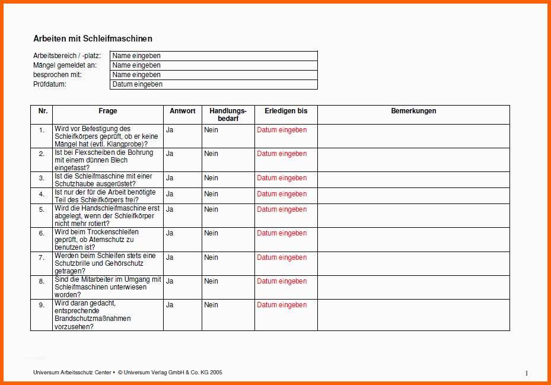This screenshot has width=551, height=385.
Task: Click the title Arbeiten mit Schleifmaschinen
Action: click(x=93, y=39)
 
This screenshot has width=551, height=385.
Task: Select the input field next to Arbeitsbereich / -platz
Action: click(x=214, y=56)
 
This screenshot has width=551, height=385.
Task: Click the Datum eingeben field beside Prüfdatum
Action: click(x=214, y=84)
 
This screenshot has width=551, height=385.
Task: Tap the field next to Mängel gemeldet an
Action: click(x=214, y=65)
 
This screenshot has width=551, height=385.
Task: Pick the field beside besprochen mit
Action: click(x=214, y=75)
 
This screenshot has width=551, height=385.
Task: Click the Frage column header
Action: click(x=108, y=111)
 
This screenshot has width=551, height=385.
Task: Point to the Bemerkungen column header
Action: click(x=413, y=111)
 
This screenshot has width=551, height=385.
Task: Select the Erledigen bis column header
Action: click(x=286, y=111)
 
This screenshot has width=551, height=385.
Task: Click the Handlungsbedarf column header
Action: click(x=228, y=114)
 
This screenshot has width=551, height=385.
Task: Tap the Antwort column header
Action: click(x=182, y=111)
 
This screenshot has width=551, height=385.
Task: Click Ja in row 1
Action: click(x=170, y=129)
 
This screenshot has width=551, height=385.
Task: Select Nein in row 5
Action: click(x=211, y=209)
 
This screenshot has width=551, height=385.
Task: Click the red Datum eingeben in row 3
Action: click(x=282, y=178)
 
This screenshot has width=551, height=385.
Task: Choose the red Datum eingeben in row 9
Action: click(x=282, y=305)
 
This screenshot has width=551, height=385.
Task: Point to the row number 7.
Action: click(x=42, y=257)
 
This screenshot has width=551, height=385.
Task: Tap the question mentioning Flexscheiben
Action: click(x=104, y=160)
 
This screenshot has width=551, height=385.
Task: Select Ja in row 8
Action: click(x=170, y=281)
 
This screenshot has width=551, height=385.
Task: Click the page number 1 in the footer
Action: click(x=526, y=373)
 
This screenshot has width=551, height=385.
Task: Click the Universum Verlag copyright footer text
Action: click(x=170, y=373)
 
